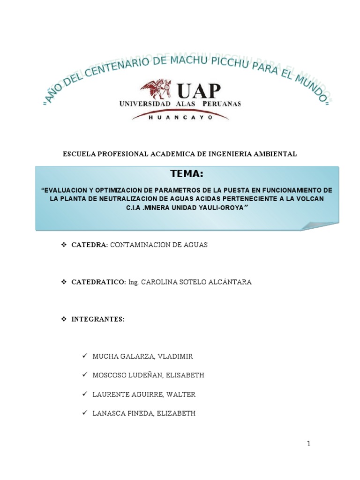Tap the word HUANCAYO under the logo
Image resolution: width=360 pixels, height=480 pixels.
point(180,118)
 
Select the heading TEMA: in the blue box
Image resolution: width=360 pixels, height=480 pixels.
point(187,174)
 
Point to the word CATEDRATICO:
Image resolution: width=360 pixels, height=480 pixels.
point(98,282)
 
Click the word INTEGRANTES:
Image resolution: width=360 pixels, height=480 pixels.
point(97,319)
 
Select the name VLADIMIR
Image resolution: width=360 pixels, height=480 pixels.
point(175,356)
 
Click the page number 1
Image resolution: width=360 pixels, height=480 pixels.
point(309,444)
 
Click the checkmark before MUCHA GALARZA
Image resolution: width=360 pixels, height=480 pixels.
point(85,356)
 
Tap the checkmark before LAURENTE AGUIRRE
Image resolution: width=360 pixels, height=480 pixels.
point(85,394)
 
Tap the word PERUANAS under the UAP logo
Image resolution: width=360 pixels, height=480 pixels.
point(222,104)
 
